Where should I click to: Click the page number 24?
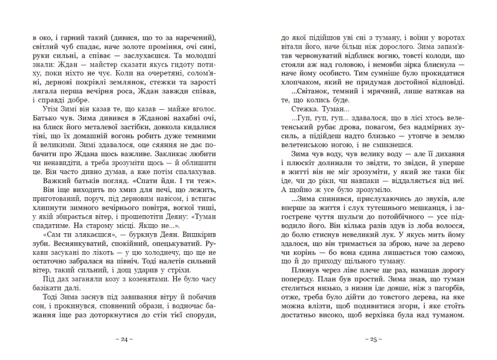pos(125,339)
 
